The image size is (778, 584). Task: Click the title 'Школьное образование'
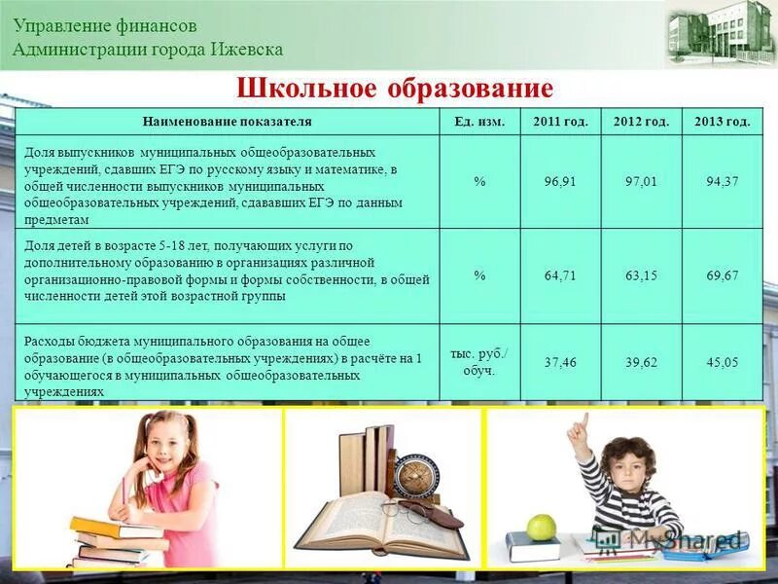(x=395, y=90)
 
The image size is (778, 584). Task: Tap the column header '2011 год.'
(x=560, y=122)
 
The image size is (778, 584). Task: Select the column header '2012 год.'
(x=641, y=122)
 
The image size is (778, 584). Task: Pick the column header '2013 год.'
(x=722, y=122)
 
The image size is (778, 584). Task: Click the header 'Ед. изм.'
(x=479, y=122)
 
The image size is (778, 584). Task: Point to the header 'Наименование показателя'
(x=228, y=122)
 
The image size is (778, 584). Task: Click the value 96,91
(x=560, y=181)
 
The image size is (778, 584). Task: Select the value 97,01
(x=641, y=181)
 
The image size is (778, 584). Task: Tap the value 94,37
(x=722, y=181)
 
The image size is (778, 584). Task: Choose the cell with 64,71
(x=560, y=275)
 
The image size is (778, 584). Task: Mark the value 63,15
(x=641, y=275)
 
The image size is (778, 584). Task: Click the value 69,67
(x=722, y=275)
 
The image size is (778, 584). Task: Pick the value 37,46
(x=560, y=362)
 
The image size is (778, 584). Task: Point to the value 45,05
(x=722, y=362)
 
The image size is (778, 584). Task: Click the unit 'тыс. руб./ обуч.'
(x=479, y=361)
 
